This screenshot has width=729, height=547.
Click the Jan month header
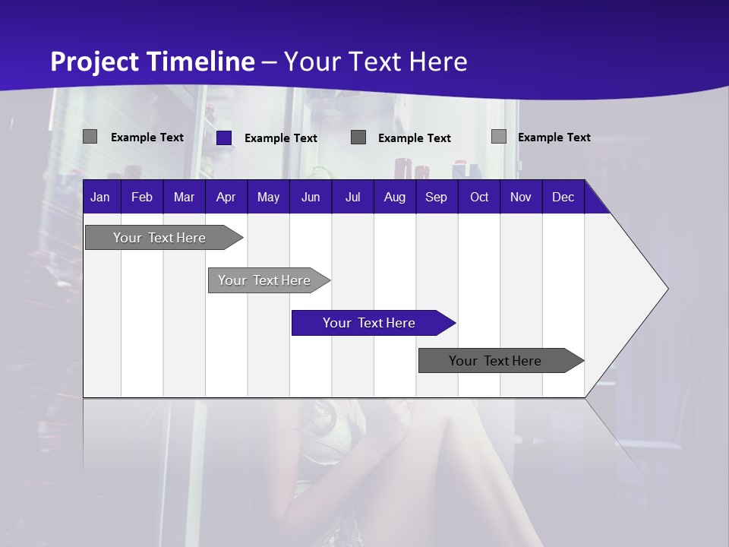click(100, 198)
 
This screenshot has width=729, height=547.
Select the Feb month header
click(142, 198)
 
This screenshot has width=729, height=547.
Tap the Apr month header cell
click(226, 198)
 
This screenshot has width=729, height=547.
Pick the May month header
click(268, 198)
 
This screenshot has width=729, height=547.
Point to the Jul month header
click(352, 198)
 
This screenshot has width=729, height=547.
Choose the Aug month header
click(395, 198)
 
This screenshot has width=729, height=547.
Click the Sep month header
click(437, 198)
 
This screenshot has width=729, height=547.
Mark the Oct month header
click(479, 198)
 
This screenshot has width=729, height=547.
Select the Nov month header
click(521, 198)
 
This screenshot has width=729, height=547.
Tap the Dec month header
click(563, 198)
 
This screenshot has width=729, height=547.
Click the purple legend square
click(224, 138)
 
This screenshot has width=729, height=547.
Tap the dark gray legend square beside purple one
click(358, 137)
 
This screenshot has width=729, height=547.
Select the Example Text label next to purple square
click(281, 138)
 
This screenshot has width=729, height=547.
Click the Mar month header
click(184, 198)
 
